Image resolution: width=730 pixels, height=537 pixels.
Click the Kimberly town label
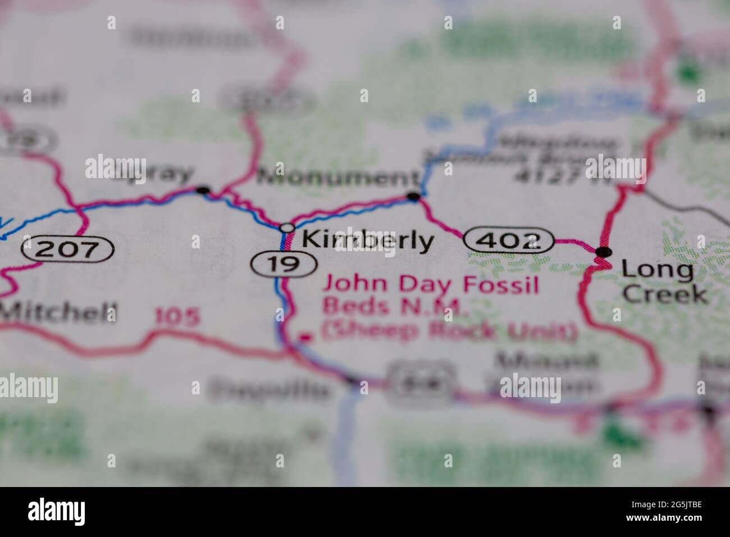click(368, 241)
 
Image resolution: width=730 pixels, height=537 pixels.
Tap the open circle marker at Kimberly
click(287, 227)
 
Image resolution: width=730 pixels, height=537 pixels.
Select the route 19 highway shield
click(284, 263)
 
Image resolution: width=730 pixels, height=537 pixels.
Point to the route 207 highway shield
click(68, 248)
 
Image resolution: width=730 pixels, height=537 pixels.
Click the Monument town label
click(335, 179)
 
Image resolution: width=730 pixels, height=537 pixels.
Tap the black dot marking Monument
click(414, 196)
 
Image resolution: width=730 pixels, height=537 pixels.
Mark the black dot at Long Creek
click(604, 252)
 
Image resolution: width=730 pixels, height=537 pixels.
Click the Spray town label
click(152, 174)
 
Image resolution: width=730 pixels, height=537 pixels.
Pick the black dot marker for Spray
click(203, 190)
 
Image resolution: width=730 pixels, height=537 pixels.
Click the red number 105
click(177, 318)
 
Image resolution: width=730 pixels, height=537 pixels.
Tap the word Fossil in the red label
click(501, 285)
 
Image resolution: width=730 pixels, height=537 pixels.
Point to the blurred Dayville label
click(268, 388)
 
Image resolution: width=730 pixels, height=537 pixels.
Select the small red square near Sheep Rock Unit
click(305, 338)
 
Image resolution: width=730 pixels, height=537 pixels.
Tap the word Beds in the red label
click(348, 308)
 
